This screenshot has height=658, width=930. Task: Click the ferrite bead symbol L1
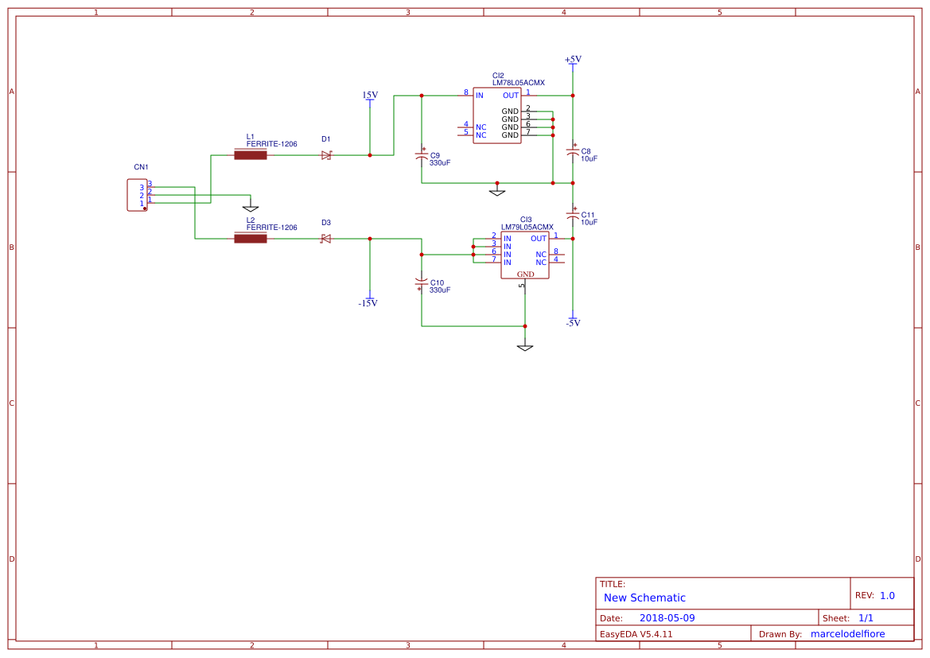click(250, 155)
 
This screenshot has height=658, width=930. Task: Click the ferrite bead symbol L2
click(250, 238)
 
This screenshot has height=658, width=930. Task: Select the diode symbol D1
click(326, 155)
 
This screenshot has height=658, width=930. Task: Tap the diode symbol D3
click(325, 239)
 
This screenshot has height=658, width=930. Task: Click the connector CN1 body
click(137, 195)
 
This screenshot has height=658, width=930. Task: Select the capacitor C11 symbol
click(572, 215)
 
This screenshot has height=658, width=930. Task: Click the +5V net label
click(573, 60)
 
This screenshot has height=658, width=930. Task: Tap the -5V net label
click(573, 323)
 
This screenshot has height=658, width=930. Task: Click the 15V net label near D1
click(370, 95)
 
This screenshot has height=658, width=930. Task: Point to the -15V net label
click(368, 303)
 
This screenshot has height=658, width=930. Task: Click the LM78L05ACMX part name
click(518, 83)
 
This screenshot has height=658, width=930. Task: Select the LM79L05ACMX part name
click(527, 227)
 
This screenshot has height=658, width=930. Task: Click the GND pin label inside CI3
click(526, 274)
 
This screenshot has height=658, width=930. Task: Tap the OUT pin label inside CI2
click(511, 95)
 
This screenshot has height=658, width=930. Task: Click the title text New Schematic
click(644, 598)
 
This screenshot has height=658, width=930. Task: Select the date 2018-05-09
click(667, 618)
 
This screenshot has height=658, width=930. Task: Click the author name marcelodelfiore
click(858, 634)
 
